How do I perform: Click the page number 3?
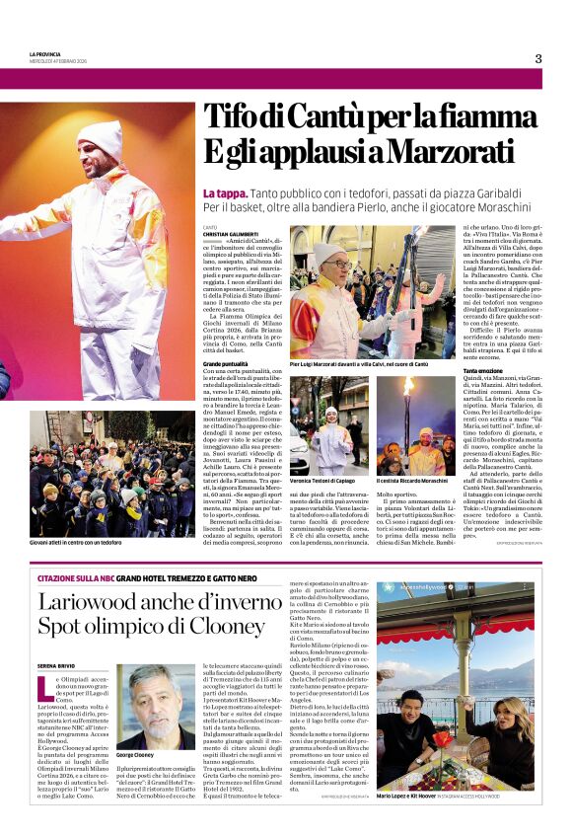pos(538,58)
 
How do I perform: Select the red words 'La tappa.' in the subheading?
pos(225,192)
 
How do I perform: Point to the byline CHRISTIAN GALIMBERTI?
pos(228,234)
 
